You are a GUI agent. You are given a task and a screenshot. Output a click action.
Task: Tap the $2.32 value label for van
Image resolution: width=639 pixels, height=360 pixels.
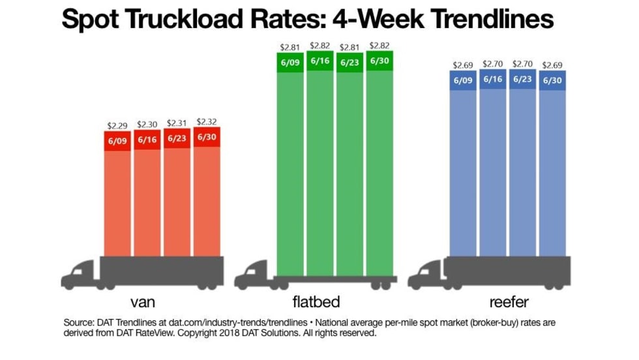tap(207, 121)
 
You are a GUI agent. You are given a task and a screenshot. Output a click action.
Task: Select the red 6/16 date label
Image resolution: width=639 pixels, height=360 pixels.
tap(147, 140)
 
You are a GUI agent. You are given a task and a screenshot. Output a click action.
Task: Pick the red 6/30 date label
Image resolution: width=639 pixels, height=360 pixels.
tap(207, 137)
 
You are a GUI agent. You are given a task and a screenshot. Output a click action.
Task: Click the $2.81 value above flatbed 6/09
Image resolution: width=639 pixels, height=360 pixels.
tap(290, 47)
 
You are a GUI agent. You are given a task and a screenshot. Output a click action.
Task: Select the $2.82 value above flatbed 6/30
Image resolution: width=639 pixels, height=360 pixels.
tap(379, 46)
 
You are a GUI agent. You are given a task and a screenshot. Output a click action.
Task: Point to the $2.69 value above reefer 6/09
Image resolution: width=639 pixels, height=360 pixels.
tap(463, 65)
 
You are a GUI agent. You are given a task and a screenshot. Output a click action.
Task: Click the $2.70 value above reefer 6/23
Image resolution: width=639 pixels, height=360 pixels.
tap(522, 64)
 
